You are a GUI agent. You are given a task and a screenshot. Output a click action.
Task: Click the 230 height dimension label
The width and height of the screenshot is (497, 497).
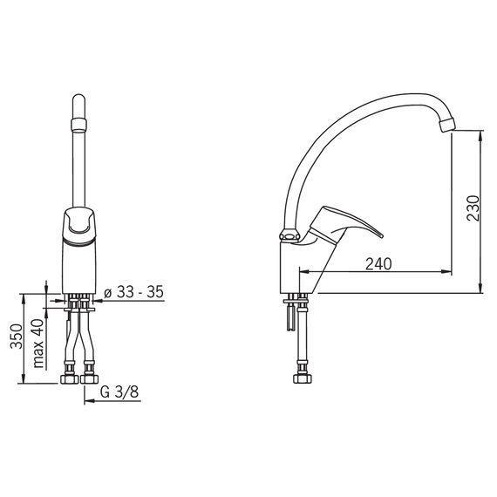(x=473, y=208)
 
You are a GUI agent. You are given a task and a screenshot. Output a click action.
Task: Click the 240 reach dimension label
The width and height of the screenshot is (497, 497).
(x=378, y=264)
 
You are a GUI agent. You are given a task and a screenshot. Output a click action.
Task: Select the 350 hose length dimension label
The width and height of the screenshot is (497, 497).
(x=17, y=337)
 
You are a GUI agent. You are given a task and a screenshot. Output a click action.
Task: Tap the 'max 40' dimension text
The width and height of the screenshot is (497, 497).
(x=38, y=344)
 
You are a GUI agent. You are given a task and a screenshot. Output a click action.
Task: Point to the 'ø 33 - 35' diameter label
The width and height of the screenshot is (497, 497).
(x=133, y=292)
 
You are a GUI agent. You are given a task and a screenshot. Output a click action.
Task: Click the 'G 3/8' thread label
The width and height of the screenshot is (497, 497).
(x=119, y=392)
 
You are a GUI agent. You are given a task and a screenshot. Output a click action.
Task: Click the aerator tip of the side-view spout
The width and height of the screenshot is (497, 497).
(x=447, y=124)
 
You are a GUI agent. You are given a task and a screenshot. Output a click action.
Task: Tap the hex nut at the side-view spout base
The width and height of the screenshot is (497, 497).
(x=289, y=236)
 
